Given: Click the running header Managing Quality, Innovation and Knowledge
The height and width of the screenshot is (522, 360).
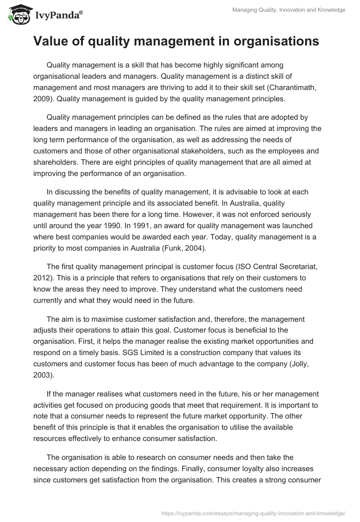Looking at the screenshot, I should [289, 10].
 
